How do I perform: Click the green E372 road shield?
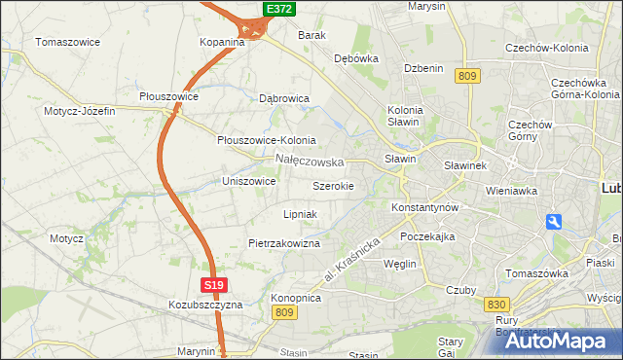(278, 9)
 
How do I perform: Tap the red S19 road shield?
(215, 285)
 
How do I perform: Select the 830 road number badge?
(495, 305)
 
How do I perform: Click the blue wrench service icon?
(554, 222)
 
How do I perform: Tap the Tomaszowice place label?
(69, 42)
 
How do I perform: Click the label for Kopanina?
(222, 42)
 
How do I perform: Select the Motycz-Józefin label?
(79, 111)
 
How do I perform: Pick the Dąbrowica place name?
(284, 98)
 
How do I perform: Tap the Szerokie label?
(333, 185)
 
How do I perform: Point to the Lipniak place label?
(300, 213)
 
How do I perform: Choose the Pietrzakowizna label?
(284, 243)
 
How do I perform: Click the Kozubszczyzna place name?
(204, 305)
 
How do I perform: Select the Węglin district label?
(400, 264)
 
